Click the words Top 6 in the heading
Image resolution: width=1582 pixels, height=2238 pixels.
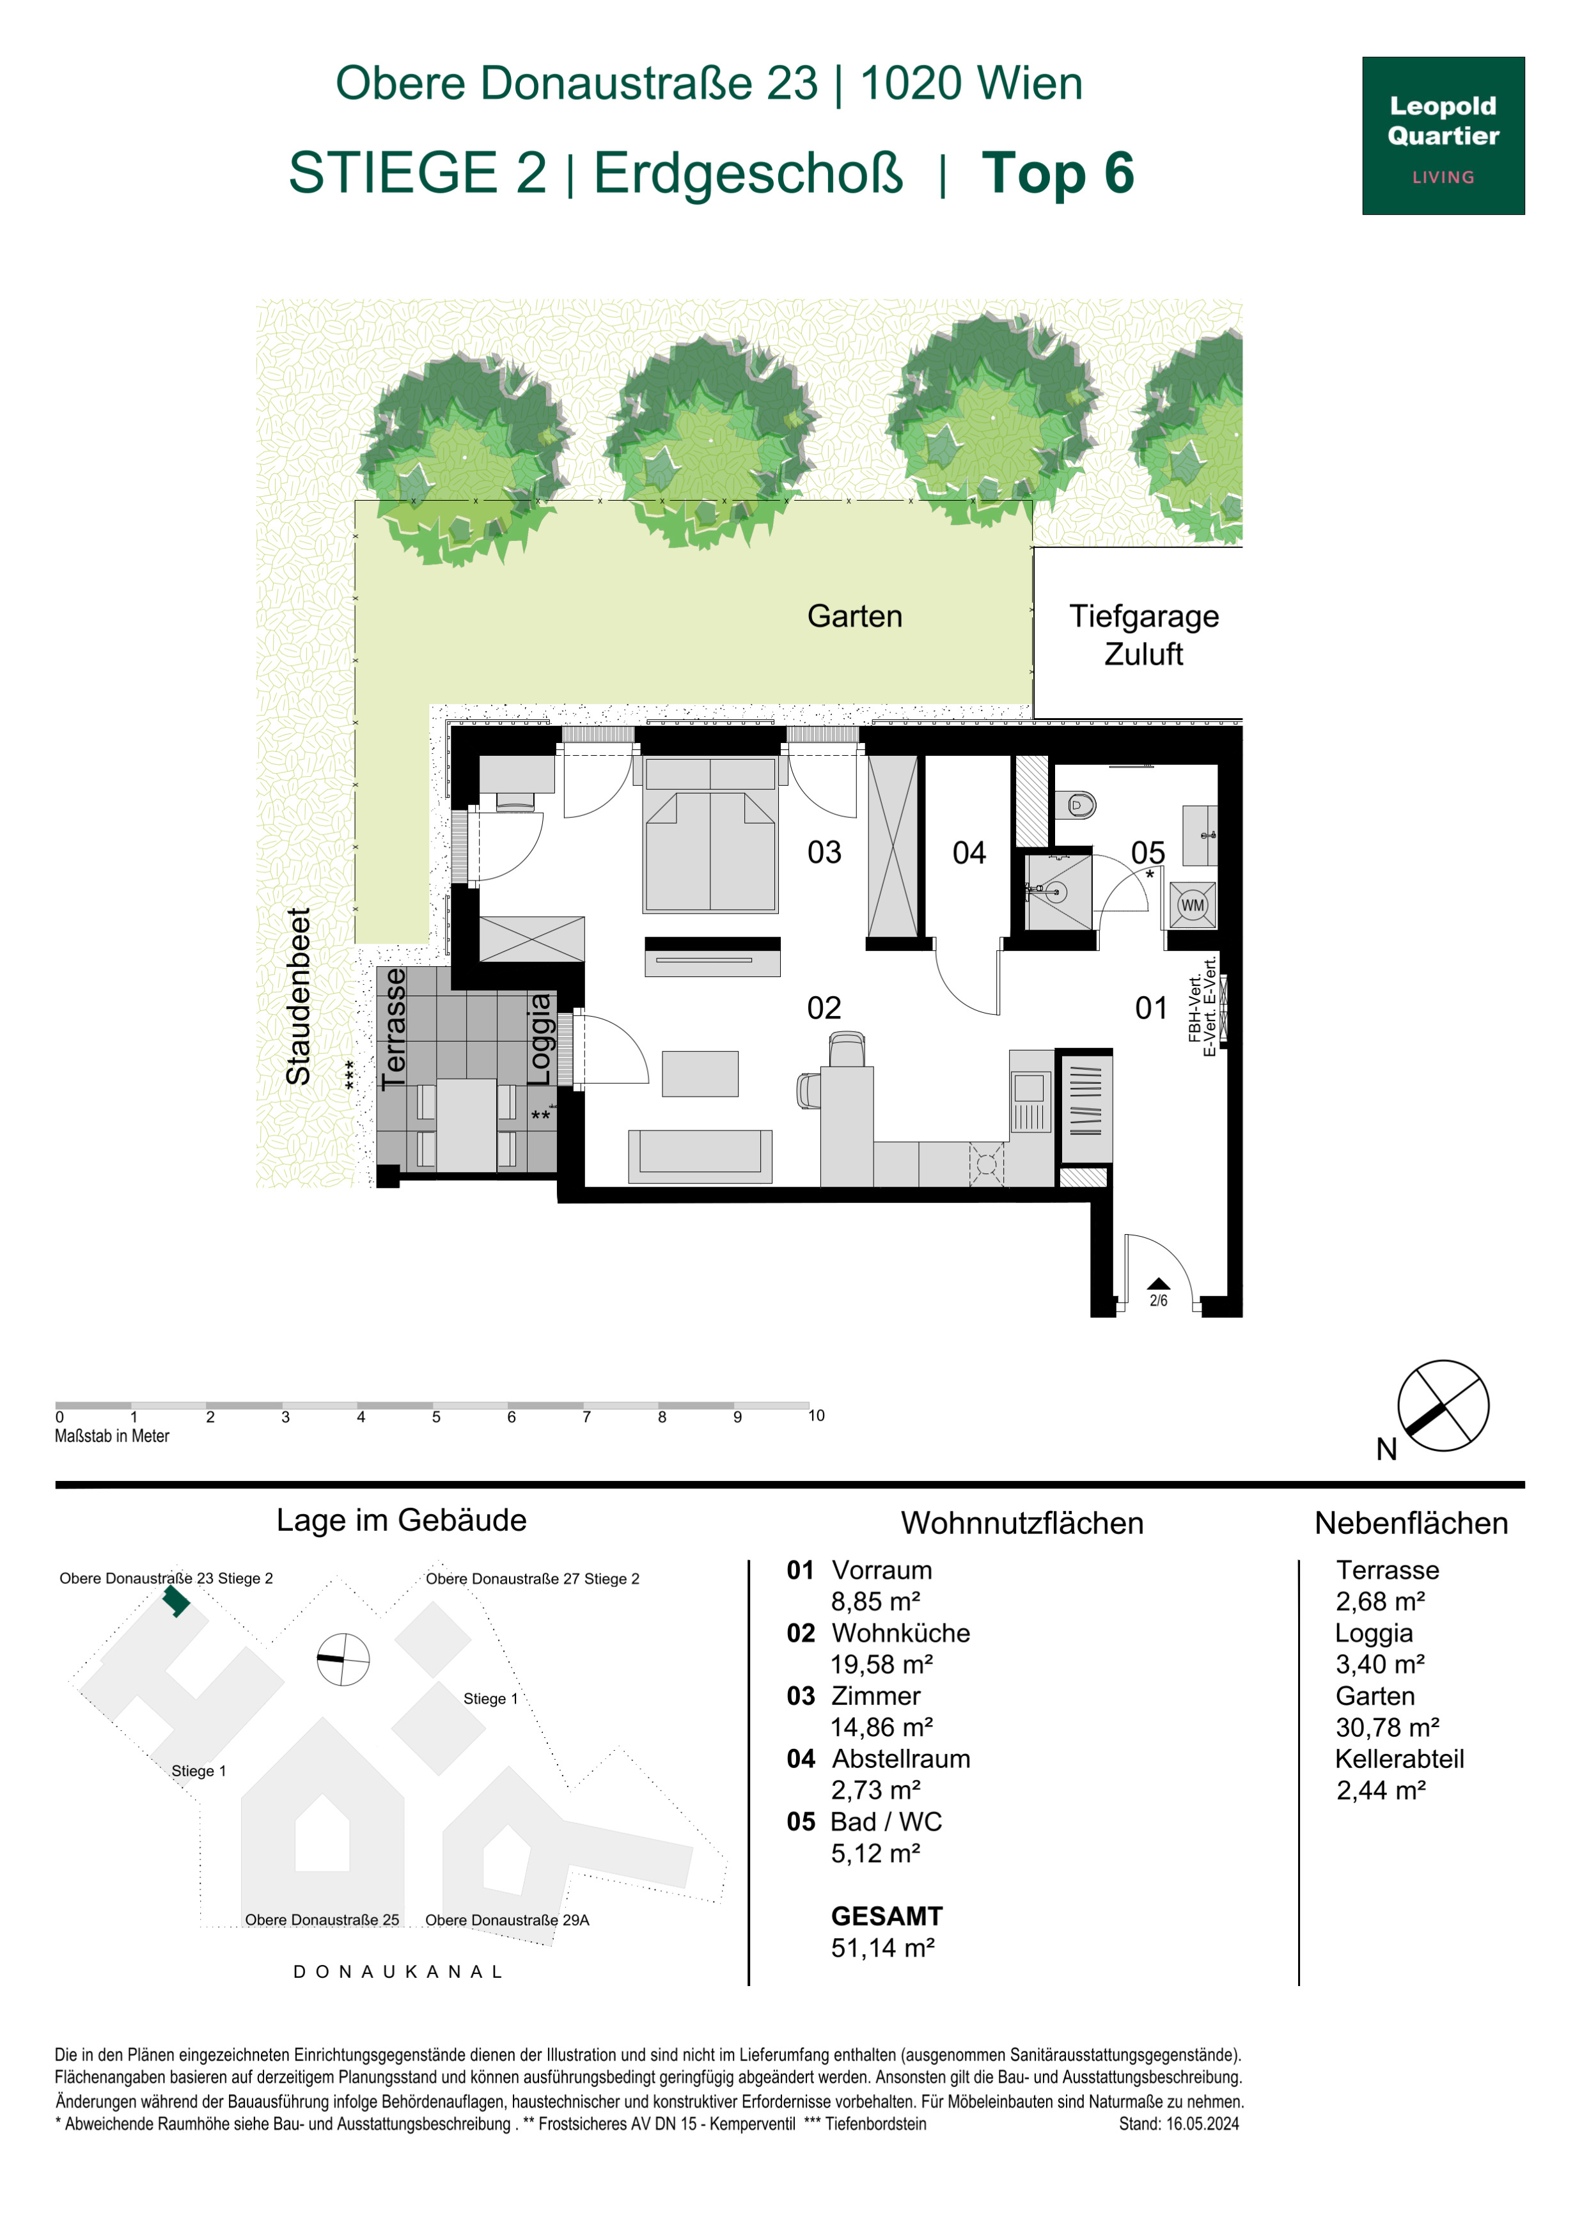[x=1058, y=173]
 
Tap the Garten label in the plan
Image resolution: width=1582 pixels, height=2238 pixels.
[x=855, y=616]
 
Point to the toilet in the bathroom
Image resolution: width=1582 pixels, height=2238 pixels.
[x=1076, y=805]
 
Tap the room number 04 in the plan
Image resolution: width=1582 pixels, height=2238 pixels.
[x=969, y=853]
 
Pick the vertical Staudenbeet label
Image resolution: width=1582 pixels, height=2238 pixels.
[x=297, y=996]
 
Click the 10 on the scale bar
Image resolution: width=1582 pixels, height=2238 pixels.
[x=816, y=1415]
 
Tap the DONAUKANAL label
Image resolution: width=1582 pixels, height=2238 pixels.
[x=398, y=1971]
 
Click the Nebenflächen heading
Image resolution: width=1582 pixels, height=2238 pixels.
[x=1411, y=1522]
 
